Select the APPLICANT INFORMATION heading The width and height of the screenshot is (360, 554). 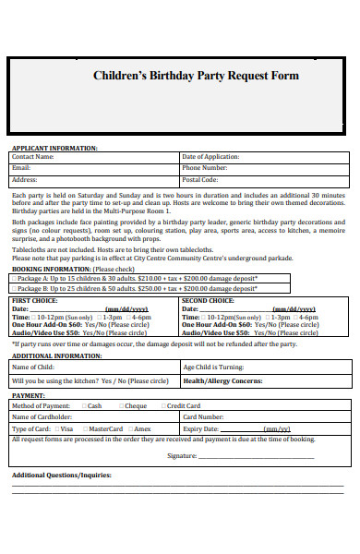54,148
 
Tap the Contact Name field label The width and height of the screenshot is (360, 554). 32,157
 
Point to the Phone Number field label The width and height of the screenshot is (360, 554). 205,168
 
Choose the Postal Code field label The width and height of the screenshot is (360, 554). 201,180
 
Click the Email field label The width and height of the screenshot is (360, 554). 21,168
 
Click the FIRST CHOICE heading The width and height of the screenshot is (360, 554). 32,301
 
